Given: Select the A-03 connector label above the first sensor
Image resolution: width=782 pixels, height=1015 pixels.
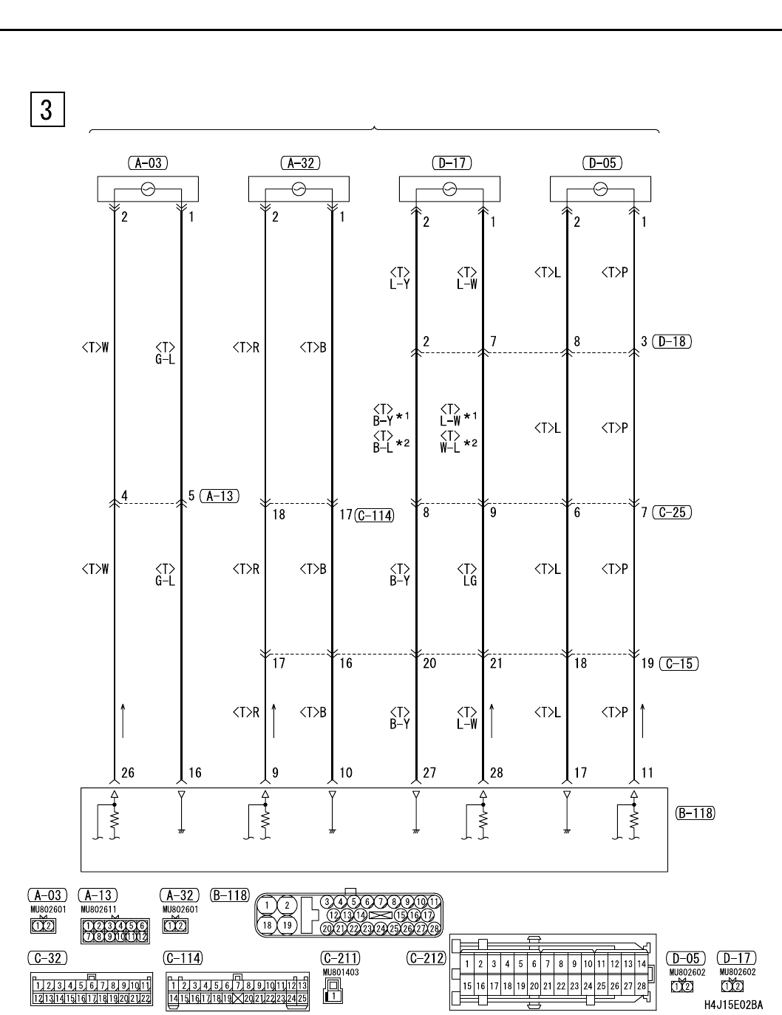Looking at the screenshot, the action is point(148,163).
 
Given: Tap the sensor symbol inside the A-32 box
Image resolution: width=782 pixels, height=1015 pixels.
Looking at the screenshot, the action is point(299,190).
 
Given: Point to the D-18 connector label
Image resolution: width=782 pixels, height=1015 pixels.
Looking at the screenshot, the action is point(673,342).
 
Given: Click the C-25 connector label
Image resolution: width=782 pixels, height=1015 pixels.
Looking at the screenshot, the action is point(672,512).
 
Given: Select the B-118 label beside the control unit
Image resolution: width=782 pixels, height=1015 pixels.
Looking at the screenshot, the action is point(695,813).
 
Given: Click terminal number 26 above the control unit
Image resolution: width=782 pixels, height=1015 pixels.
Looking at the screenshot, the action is point(128,773).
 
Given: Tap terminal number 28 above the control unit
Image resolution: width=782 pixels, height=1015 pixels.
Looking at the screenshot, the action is point(496,773).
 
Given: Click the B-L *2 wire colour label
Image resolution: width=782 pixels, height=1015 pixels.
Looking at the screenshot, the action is point(391,444).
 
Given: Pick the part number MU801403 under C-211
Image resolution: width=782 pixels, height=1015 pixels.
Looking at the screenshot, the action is point(341,973).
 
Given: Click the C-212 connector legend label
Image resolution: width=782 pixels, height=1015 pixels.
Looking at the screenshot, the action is point(426,958).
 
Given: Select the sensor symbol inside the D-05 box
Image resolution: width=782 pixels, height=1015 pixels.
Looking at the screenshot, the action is point(600,190).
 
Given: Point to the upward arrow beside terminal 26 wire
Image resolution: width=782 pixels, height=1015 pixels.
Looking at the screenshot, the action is point(123,721).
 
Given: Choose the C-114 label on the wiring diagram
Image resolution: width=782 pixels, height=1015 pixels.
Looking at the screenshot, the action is point(374,516).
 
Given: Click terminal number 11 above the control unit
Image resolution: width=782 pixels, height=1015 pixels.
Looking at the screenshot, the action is point(647,773).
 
